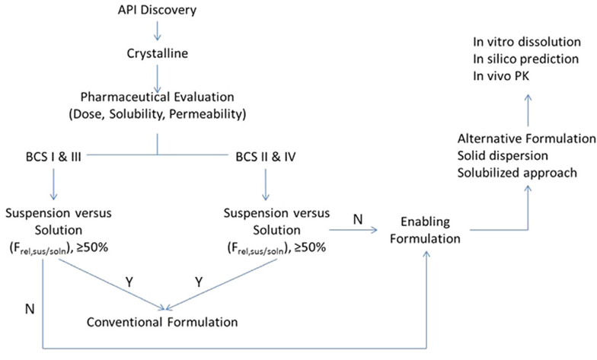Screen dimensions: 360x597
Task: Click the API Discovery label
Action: point(157,11)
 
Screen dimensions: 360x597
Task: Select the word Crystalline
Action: point(157,54)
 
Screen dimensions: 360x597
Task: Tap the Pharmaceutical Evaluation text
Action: point(157,99)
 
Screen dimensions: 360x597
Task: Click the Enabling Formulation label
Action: point(426,228)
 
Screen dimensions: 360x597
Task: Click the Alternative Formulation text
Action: point(526,139)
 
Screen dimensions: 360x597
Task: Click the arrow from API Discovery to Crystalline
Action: point(157,32)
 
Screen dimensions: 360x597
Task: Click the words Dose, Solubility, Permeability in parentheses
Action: point(157,115)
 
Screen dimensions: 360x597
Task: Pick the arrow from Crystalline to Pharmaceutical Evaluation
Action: point(157,75)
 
